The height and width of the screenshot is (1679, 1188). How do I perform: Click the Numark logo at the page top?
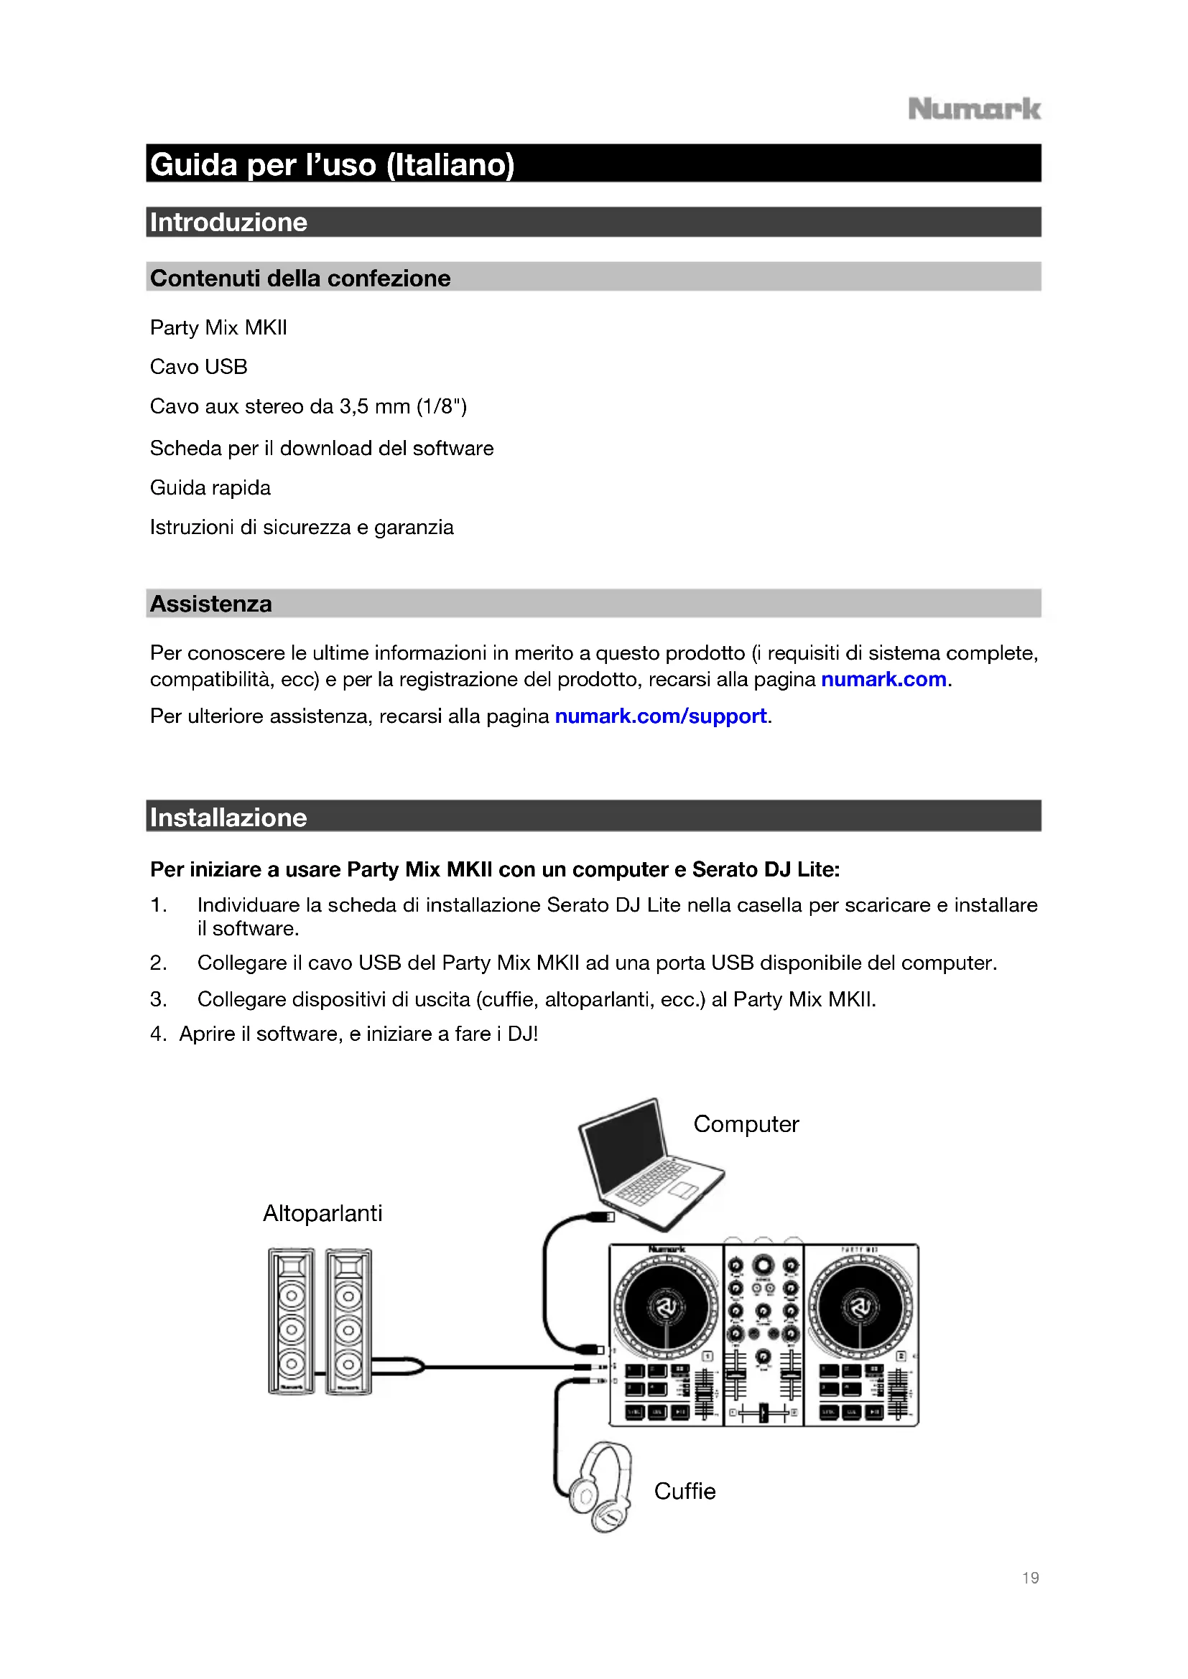pyautogui.click(x=974, y=110)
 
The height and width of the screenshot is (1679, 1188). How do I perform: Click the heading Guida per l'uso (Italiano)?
pyautogui.click(x=332, y=164)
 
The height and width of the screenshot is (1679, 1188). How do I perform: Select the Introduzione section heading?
pyautogui.click(x=228, y=223)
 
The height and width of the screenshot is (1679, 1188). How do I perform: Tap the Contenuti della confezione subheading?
pyautogui.click(x=300, y=278)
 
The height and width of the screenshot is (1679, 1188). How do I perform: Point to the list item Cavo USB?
pyautogui.click(x=198, y=366)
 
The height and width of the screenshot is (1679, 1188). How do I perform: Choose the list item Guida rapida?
pyautogui.click(x=210, y=487)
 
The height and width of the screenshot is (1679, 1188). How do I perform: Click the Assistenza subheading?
pyautogui.click(x=210, y=604)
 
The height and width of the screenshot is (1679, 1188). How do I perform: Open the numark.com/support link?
pyautogui.click(x=661, y=716)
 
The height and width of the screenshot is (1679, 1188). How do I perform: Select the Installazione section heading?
pyautogui.click(x=228, y=818)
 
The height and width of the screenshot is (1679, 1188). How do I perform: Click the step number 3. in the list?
pyautogui.click(x=158, y=999)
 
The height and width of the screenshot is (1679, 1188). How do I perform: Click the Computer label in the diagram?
pyautogui.click(x=746, y=1124)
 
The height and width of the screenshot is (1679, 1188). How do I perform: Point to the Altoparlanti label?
pyautogui.click(x=322, y=1213)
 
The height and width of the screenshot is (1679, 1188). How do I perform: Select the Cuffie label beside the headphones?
pyautogui.click(x=684, y=1491)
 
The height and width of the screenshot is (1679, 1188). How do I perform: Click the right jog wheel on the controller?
pyautogui.click(x=860, y=1306)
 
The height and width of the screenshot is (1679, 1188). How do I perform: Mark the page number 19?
pyautogui.click(x=1030, y=1577)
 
